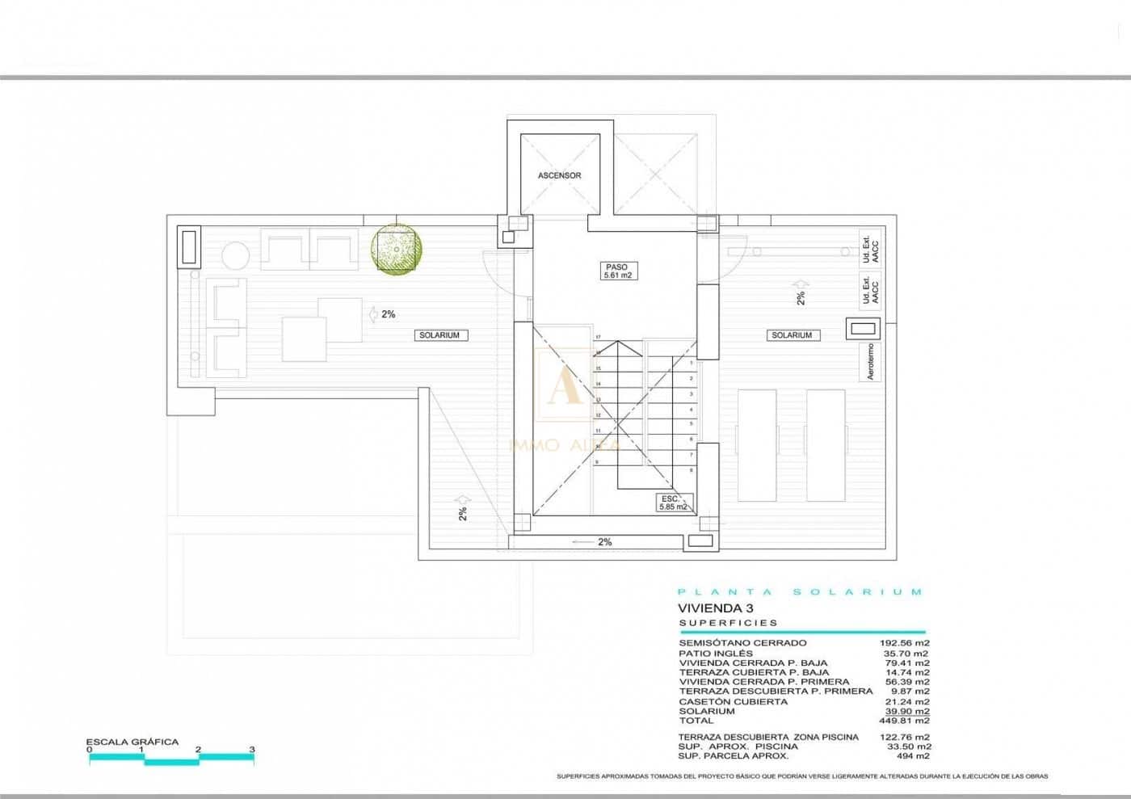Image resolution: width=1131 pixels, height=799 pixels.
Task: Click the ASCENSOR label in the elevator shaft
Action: [559, 175]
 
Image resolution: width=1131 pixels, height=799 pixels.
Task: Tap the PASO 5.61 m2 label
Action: [616, 271]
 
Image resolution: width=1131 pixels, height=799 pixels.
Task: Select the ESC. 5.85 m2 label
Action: [672, 503]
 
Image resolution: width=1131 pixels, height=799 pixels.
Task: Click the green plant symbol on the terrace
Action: [397, 247]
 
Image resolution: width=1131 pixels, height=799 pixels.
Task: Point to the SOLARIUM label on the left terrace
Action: [439, 335]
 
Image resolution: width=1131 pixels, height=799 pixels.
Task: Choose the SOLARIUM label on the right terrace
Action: [791, 335]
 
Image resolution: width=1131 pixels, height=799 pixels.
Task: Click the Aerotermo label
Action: [870, 362]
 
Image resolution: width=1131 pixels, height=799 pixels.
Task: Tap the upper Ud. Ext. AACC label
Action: [870, 249]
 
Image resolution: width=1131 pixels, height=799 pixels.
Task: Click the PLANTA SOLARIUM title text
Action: [799, 592]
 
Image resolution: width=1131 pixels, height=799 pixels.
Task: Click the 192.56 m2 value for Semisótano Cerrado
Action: [904, 643]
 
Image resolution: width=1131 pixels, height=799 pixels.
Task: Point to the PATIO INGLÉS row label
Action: [715, 653]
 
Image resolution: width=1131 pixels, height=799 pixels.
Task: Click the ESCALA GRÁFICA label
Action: [132, 742]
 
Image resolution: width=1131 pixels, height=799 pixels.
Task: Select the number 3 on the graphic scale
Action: [252, 750]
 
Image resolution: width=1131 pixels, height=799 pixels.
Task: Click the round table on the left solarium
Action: [236, 255]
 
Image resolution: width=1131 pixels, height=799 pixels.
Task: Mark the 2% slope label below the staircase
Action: [604, 542]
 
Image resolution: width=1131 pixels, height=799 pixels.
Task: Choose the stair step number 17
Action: [599, 337]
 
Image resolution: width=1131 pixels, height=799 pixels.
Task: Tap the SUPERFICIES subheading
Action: [728, 623]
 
